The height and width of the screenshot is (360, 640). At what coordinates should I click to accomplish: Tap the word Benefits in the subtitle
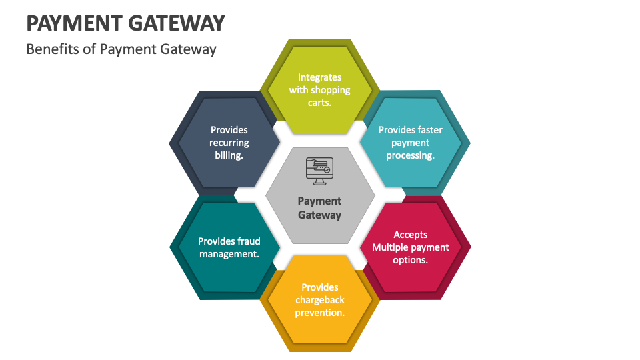[51, 49]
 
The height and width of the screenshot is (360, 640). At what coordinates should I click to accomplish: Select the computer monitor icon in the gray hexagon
[319, 169]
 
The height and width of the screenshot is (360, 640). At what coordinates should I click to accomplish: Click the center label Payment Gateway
[319, 208]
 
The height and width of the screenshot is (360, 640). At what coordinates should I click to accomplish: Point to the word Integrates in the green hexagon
[319, 77]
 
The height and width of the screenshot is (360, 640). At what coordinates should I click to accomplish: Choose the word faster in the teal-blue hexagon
[430, 130]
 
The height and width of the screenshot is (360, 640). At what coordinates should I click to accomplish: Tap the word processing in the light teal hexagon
[410, 155]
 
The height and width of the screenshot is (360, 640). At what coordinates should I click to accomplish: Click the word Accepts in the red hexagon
[411, 235]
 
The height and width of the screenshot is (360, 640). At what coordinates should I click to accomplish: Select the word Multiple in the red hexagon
[391, 247]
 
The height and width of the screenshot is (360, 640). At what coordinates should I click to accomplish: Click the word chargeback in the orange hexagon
[320, 300]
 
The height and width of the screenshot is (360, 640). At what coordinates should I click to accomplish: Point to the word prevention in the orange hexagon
[319, 313]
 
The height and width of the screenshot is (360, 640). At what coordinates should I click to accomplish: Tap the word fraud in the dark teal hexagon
[248, 241]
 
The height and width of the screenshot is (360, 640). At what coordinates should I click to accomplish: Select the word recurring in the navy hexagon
[229, 143]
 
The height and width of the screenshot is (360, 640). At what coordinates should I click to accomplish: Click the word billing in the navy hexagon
[228, 155]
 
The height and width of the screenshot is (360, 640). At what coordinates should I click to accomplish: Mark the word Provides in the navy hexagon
[229, 130]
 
